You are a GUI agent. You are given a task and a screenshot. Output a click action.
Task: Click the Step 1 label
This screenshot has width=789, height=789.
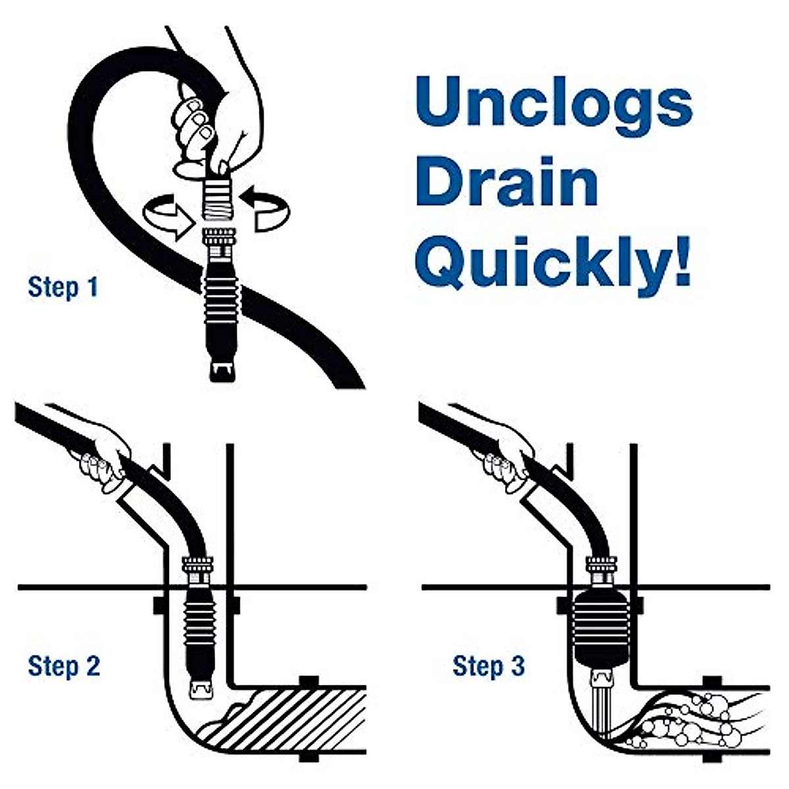63,287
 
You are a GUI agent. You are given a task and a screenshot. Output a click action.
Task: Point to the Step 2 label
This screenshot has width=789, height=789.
64,666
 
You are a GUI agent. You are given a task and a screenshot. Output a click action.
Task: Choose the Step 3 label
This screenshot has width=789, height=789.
489,666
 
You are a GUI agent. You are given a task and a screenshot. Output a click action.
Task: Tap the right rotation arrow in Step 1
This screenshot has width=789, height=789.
266,207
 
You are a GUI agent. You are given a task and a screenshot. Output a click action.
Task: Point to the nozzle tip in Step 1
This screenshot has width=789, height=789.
222,370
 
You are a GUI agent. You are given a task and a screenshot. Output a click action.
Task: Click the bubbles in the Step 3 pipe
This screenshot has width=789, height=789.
684,723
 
